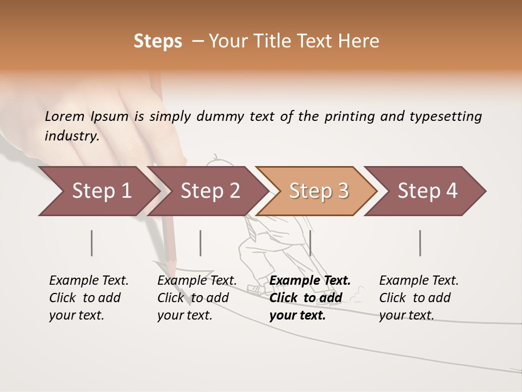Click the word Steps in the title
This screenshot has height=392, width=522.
(x=158, y=41)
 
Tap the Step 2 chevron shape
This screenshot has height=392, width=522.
(x=209, y=191)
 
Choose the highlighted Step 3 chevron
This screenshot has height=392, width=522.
(x=318, y=191)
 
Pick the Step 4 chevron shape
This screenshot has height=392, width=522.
(x=427, y=191)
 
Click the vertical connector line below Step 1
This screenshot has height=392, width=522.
(x=92, y=243)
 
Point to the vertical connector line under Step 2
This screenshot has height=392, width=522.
(x=201, y=243)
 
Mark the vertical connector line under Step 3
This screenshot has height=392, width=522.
(x=310, y=243)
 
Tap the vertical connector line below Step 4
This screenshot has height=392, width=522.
(x=420, y=243)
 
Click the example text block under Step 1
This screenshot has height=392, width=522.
(x=88, y=298)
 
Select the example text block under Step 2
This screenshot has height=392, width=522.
(x=196, y=298)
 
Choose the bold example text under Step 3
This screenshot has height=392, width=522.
(x=309, y=298)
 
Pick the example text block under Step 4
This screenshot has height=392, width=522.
(x=418, y=298)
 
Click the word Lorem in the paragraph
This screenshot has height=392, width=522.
(x=65, y=117)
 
